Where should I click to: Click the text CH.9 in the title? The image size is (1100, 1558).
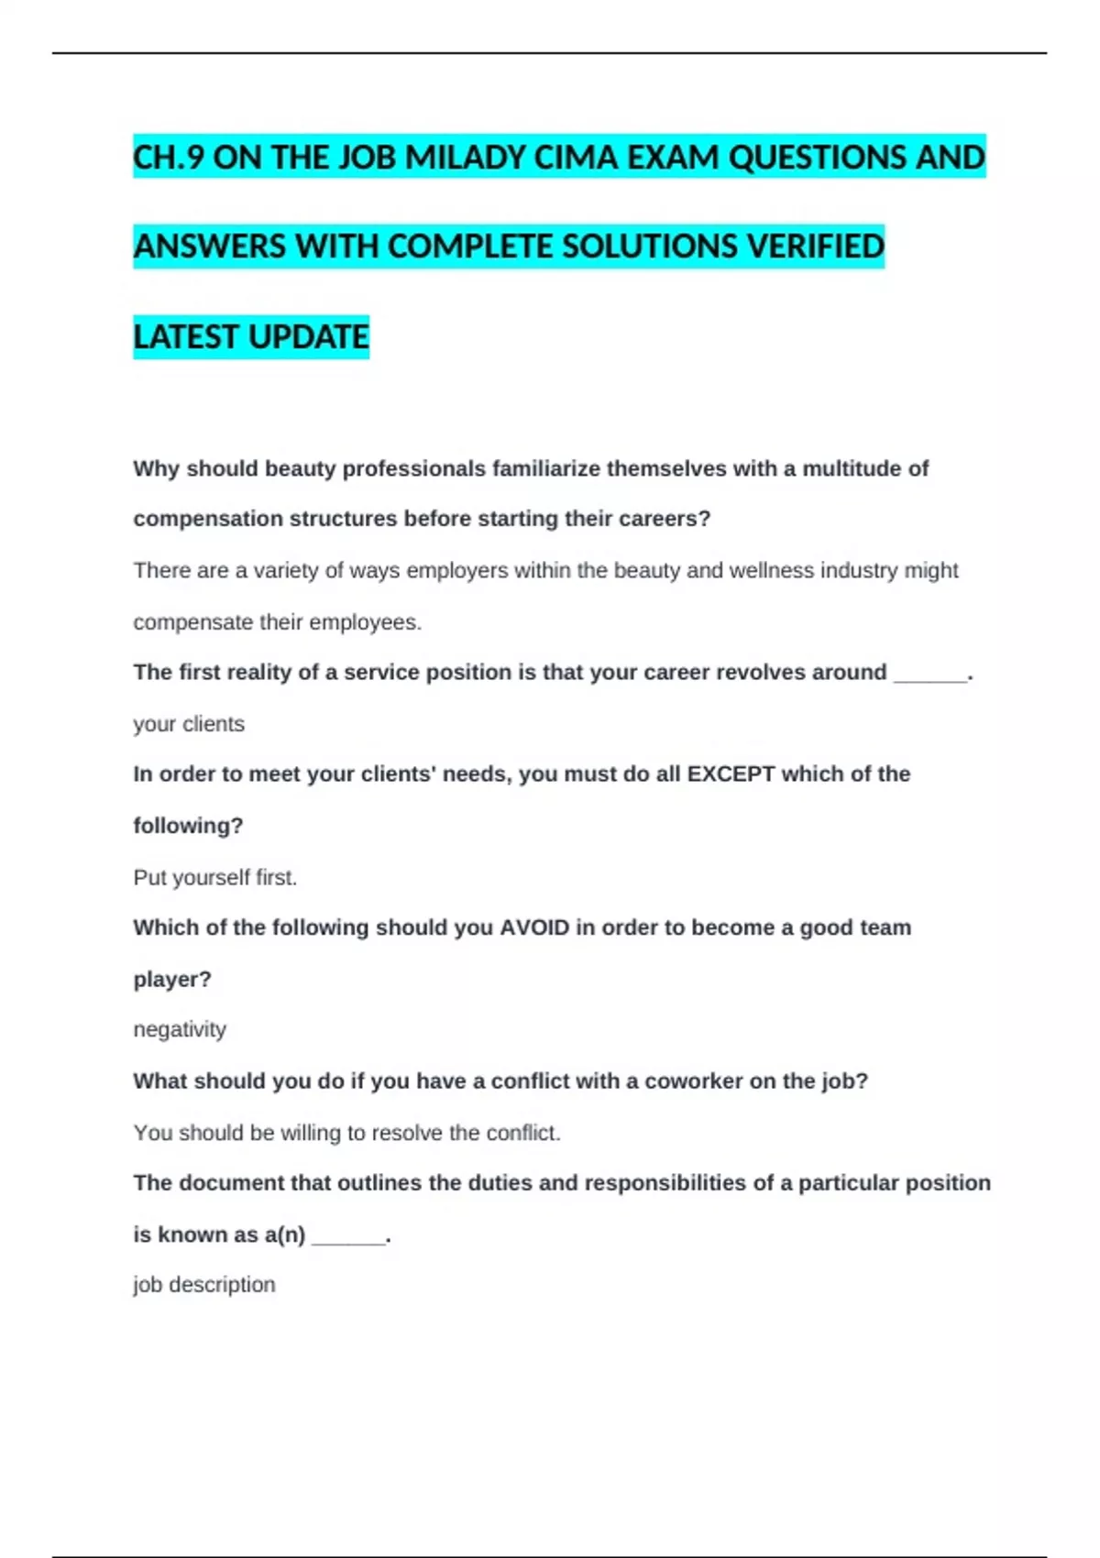point(169,158)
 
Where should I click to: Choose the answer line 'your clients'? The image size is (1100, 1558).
point(189,724)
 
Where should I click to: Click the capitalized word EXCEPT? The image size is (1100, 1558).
point(731,774)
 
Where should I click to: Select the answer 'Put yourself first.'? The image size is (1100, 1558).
point(215,878)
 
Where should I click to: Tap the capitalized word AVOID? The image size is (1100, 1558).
point(534,927)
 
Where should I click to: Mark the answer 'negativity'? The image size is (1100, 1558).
point(180,1029)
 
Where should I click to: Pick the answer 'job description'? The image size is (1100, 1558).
point(204,1285)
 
